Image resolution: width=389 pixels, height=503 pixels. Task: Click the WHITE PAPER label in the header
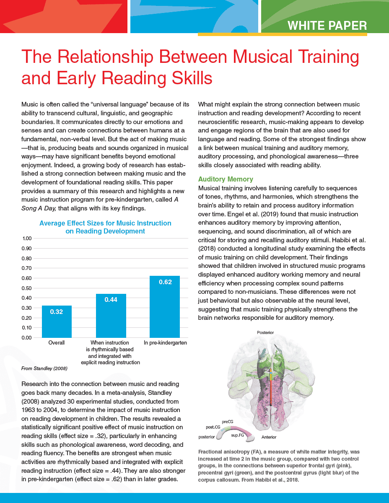327,26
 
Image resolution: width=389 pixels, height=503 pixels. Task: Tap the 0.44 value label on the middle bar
111,299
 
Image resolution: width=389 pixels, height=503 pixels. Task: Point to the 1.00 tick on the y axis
26,239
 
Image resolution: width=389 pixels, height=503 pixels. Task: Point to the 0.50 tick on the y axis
26,288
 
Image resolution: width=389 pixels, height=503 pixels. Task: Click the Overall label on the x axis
57,343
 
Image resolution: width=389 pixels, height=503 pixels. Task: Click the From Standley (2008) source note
44,368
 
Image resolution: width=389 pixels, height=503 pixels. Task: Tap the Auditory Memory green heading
226,179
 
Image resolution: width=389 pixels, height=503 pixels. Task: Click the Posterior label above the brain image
265,332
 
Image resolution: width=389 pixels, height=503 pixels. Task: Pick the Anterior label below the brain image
269,437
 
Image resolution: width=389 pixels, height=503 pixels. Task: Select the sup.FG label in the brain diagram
238,436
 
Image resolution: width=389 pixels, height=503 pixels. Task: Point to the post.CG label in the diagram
213,427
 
